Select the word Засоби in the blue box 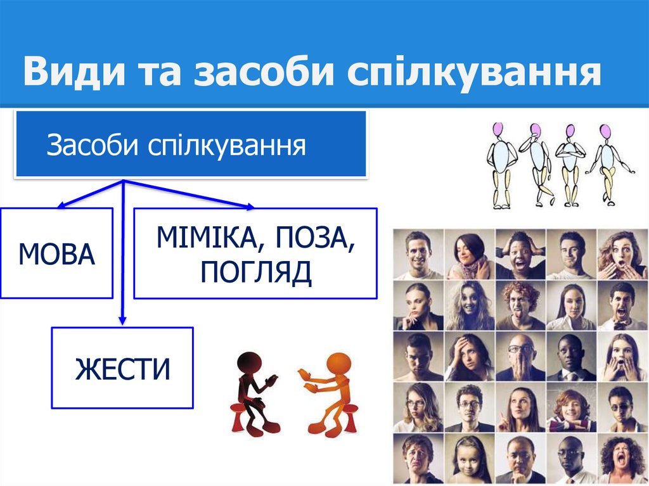tap(93, 146)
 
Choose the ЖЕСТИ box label tap(122, 369)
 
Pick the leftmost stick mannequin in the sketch tap(501, 165)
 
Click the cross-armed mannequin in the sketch tap(570, 165)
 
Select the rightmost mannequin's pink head tap(606, 132)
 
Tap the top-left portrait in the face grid tap(418, 254)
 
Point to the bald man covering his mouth tap(520, 357)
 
